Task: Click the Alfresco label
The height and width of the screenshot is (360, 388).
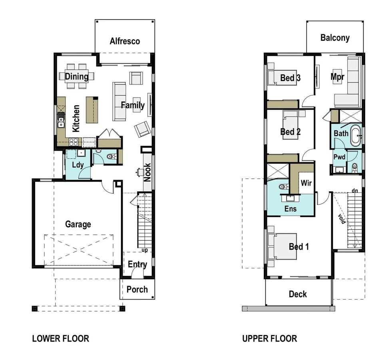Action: click(125, 41)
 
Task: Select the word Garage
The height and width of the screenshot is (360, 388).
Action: click(78, 224)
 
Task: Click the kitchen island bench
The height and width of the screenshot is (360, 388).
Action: click(92, 110)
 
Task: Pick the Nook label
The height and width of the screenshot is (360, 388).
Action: click(147, 172)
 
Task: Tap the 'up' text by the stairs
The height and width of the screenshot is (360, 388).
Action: click(145, 250)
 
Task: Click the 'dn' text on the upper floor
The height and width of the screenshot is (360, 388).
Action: click(355, 190)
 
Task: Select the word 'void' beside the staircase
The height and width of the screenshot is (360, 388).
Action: click(342, 219)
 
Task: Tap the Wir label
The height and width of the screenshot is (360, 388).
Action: click(306, 183)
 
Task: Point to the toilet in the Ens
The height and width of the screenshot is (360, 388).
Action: click(284, 186)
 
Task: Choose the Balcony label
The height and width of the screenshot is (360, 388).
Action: click(335, 38)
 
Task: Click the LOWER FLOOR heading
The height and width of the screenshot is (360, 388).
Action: click(61, 338)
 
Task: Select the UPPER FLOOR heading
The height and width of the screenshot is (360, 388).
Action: click(269, 338)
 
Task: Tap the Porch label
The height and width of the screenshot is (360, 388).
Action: click(137, 289)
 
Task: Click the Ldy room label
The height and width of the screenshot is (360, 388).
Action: click(78, 165)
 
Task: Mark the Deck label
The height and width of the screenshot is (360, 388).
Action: click(298, 294)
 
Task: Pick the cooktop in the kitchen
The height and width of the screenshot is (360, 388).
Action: click(74, 142)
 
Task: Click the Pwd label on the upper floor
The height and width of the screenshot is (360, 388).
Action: click(339, 157)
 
